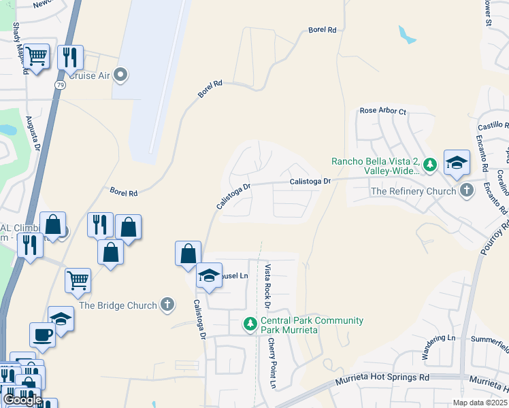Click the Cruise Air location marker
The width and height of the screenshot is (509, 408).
click(122, 75)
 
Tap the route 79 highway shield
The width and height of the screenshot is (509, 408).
click(60, 84)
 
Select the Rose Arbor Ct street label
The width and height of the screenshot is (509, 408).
click(382, 111)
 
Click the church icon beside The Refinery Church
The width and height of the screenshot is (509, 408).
click(466, 190)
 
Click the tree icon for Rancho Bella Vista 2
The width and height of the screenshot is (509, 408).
click(429, 164)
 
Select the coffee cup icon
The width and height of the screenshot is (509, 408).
click(43, 334)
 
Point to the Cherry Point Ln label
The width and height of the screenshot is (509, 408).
click(272, 364)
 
